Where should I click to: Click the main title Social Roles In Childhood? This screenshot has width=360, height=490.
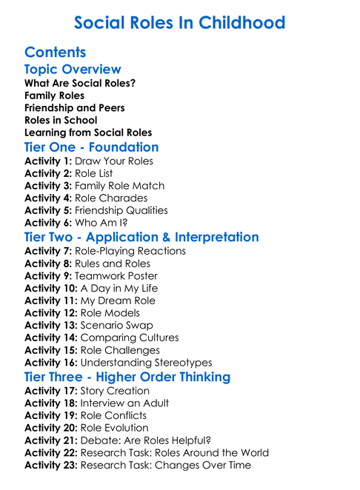point(179,22)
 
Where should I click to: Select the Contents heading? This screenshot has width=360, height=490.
point(56,53)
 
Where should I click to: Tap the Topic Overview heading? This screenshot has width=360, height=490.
point(73,70)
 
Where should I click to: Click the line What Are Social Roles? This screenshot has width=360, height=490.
point(80,83)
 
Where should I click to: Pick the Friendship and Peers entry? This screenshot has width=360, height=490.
point(75,108)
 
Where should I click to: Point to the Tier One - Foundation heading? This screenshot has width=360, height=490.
point(92,147)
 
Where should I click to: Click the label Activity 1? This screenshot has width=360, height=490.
point(48,160)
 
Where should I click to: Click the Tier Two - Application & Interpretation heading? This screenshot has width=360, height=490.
point(141,237)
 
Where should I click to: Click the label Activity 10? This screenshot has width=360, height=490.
point(51,288)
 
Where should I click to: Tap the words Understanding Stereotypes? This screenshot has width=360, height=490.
point(146,363)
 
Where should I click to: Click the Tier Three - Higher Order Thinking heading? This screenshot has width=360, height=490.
point(127,377)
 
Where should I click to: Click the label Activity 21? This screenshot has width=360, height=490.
point(51,440)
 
